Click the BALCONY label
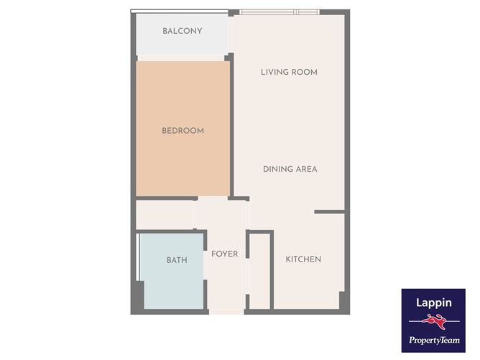click(182, 31)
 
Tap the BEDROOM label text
click(183, 131)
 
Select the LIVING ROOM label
click(289, 73)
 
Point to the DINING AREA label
click(290, 169)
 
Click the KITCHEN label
click(303, 259)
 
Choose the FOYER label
click(224, 254)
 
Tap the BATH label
click(177, 260)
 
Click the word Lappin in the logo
click(433, 303)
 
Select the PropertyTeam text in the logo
click(434, 340)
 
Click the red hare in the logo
click(434, 322)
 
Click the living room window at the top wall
click(280, 12)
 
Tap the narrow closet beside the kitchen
click(259, 271)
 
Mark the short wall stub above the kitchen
click(329, 212)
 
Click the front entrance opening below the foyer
click(226, 312)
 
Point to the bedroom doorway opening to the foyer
click(213, 198)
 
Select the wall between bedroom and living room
click(231, 126)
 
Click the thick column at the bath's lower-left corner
click(137, 296)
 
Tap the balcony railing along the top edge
click(180, 11)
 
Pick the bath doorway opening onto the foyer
click(205, 265)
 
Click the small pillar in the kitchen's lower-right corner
click(342, 300)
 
